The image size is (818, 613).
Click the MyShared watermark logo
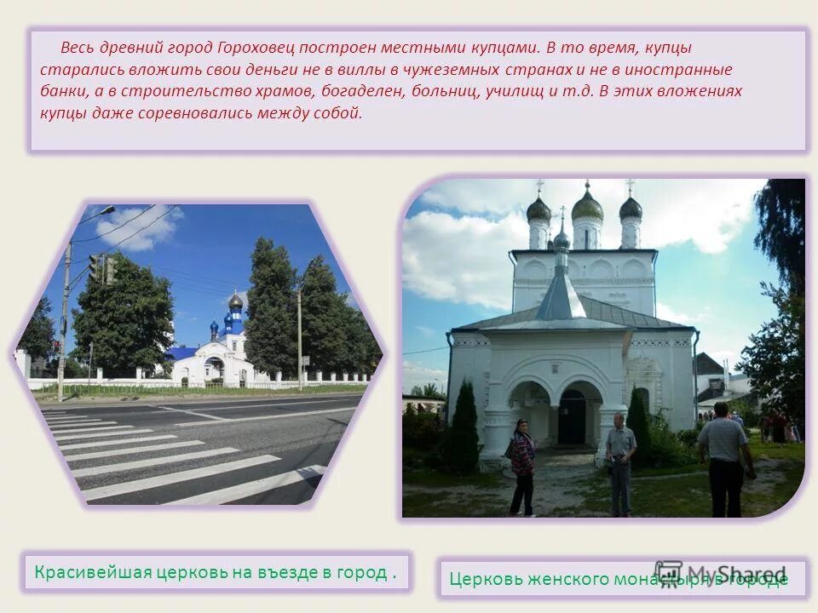721,574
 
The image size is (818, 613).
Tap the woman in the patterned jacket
522,465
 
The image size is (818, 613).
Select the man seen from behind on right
724,460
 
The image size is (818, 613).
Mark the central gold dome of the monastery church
587,207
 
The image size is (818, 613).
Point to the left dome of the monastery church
539,209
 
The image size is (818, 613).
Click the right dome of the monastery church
631,208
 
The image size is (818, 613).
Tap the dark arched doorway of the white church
572,416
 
